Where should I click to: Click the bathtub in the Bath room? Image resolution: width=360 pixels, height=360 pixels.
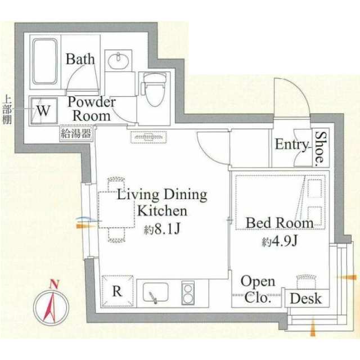click(45, 61)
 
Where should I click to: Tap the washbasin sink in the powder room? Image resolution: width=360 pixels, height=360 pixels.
click(118, 60)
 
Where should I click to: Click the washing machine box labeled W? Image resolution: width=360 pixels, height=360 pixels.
click(43, 111)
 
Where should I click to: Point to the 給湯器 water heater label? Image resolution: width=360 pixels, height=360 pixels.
click(76, 133)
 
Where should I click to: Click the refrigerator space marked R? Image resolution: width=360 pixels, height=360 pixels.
click(118, 291)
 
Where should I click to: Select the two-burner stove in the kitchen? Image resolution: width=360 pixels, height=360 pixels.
click(188, 293)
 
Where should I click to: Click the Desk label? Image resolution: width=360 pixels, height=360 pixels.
click(305, 299)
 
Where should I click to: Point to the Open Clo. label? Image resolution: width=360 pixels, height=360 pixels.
click(258, 289)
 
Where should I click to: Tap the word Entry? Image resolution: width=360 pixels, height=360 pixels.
click(291, 145)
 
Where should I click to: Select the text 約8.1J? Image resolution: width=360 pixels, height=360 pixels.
click(161, 229)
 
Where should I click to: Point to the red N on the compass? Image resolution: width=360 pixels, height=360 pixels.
click(54, 284)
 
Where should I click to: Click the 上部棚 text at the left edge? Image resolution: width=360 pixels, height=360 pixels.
click(7, 110)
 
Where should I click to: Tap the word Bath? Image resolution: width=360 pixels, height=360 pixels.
click(80, 59)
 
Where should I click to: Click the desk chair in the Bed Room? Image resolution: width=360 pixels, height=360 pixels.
click(306, 282)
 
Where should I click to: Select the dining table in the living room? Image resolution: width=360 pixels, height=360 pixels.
click(116, 210)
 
